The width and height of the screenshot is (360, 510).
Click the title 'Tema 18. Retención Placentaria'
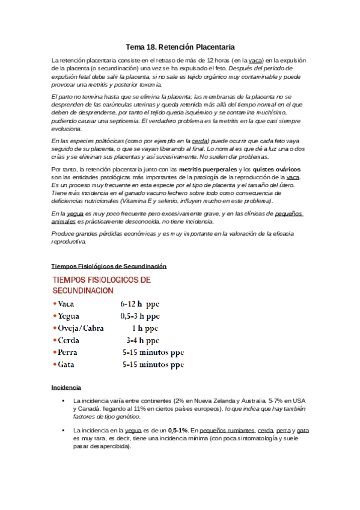(x=180, y=46)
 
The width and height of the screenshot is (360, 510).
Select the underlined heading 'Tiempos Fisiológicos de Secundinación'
(x=109, y=266)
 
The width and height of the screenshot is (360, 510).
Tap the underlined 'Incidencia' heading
(x=67, y=387)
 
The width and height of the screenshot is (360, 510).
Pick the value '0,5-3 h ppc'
(x=139, y=316)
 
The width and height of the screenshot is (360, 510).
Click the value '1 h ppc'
(x=146, y=328)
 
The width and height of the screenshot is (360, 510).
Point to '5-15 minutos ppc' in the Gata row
(x=153, y=364)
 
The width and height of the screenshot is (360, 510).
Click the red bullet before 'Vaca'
(x=55, y=304)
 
